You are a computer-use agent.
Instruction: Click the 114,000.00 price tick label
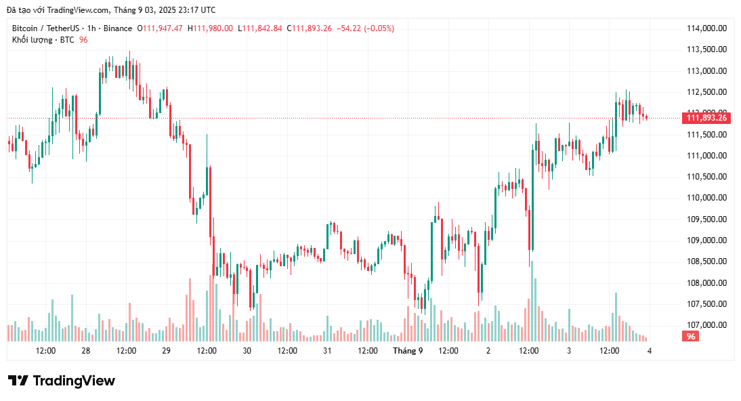(706, 28)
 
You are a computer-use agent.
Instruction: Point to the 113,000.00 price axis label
(706, 71)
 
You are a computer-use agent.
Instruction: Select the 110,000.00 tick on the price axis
(706, 198)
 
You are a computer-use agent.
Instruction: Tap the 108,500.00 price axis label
(706, 261)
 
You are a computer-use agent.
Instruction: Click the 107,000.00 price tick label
(706, 325)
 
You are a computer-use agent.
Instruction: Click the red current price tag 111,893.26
(706, 118)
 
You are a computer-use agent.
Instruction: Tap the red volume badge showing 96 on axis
(691, 337)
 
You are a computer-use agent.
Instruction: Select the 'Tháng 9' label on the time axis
(408, 351)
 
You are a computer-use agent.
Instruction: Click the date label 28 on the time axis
(86, 351)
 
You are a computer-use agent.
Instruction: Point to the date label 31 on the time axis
(327, 351)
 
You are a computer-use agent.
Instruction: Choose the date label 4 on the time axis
(650, 351)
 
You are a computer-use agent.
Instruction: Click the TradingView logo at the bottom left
(62, 381)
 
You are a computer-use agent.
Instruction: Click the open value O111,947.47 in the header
(160, 28)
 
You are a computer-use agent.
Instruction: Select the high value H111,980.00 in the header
(210, 28)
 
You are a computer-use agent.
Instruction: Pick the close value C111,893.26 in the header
(309, 28)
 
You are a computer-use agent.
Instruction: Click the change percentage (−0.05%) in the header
(379, 28)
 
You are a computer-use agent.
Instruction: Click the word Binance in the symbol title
(118, 28)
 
